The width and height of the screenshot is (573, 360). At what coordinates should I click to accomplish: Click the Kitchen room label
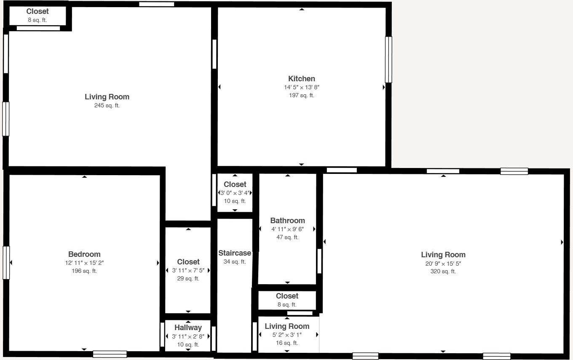301,79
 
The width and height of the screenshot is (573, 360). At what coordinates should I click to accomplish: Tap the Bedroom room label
84,254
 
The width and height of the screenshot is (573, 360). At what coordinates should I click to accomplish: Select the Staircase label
235,253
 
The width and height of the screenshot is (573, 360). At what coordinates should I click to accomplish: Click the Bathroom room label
287,221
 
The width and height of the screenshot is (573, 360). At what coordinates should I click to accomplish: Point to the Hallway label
188,328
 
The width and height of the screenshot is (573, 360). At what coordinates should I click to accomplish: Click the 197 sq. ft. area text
301,96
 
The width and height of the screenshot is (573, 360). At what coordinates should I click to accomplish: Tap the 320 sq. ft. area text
443,272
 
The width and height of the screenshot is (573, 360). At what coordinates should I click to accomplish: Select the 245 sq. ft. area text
107,106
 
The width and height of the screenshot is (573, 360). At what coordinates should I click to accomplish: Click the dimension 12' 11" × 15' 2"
84,263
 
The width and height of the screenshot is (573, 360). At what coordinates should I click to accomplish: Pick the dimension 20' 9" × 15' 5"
443,264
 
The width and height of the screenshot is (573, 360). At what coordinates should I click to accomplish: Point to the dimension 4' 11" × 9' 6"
287,229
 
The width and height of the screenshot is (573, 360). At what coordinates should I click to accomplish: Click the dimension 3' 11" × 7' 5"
188,270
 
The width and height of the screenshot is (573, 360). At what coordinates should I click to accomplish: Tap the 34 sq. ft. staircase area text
235,262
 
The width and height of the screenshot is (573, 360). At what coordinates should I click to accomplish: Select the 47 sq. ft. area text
287,237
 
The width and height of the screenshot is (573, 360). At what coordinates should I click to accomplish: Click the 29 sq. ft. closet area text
188,279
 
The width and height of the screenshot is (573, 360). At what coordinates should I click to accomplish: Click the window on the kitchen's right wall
388,59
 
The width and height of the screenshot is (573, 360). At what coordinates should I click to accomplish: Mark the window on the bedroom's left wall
6,263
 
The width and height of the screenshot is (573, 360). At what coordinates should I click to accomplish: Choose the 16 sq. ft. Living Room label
287,326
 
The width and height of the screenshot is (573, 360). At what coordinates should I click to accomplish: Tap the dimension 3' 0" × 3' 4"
235,193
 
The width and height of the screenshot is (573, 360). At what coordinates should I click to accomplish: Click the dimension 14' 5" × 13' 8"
301,88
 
